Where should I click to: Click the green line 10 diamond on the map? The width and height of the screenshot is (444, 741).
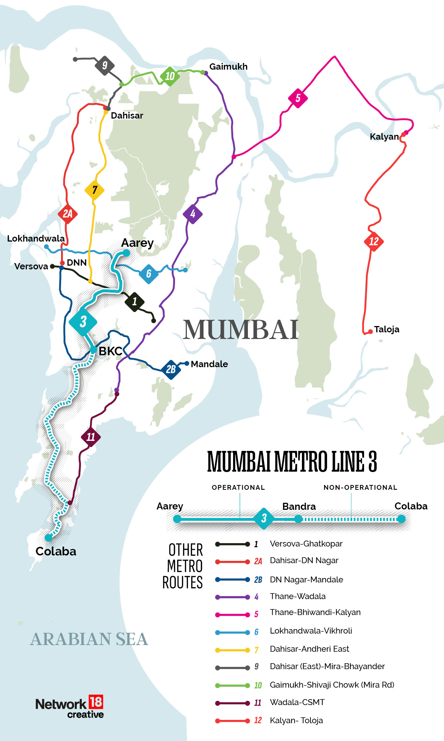170,76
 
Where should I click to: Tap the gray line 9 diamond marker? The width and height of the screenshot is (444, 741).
105,66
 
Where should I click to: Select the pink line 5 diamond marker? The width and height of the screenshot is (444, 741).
298,98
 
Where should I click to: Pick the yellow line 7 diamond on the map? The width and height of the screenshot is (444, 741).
94,190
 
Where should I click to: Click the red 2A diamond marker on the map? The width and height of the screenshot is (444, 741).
67,214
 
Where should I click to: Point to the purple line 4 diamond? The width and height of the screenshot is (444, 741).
192,214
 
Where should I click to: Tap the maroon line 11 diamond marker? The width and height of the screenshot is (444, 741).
91,437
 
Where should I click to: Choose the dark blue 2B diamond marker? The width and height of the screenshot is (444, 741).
171,369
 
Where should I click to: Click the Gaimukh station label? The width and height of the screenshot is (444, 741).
228,67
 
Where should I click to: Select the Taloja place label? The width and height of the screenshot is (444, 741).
386,329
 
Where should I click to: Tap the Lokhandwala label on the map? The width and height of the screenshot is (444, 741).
36,239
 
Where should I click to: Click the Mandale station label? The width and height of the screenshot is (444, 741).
209,364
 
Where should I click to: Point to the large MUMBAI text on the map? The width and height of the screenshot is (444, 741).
241,330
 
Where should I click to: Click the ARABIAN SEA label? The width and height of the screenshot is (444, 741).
89,639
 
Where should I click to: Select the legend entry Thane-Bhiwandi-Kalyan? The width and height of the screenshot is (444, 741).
315,612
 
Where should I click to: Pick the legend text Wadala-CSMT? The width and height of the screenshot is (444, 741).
297,702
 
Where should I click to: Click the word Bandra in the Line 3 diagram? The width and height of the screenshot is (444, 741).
299,506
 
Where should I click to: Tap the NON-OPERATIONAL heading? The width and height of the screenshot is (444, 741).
360,488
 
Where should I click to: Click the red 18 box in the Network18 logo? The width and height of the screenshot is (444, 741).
96,702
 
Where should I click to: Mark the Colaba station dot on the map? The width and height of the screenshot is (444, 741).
48,538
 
